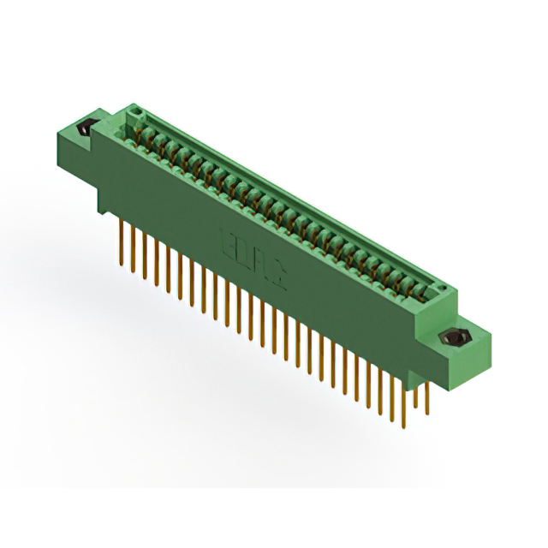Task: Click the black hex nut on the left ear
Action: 86,130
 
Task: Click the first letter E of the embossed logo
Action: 227,233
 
